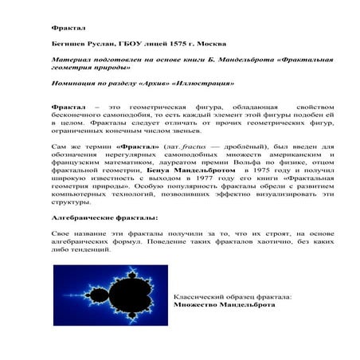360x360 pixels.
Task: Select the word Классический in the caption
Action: pos(202,296)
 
